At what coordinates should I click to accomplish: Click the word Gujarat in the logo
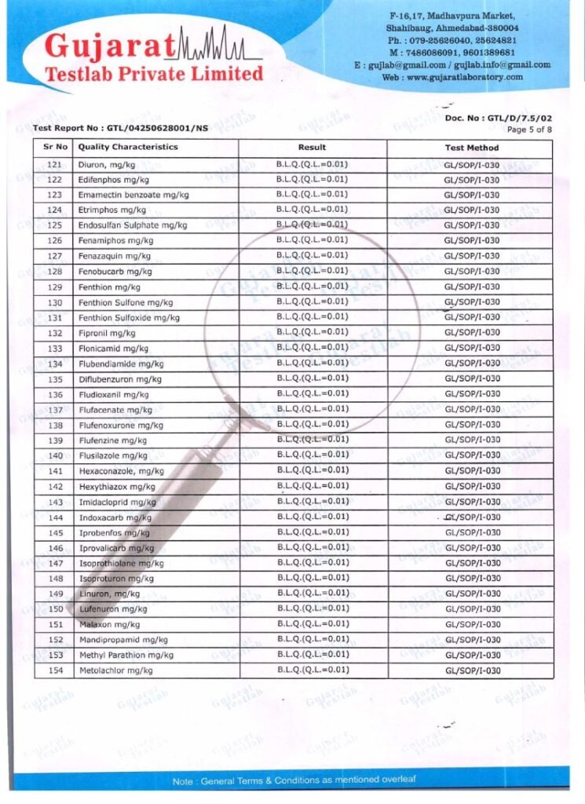[x=110, y=47]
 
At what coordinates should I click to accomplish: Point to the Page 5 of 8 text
[x=529, y=129]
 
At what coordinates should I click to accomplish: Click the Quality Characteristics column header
[x=128, y=147]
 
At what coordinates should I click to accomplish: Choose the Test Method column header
[x=471, y=148]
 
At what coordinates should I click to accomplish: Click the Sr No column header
[x=53, y=147]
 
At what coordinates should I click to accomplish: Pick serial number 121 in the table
[x=54, y=165]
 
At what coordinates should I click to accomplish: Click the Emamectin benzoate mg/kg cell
[x=133, y=195]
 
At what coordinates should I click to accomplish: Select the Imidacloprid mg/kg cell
[x=117, y=502]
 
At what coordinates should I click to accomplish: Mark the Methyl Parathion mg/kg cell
[x=126, y=655]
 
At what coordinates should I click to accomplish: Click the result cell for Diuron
[x=312, y=164]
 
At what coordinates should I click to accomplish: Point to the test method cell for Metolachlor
[x=472, y=671]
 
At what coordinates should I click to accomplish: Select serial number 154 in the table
[x=54, y=671]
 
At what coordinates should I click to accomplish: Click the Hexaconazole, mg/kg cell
[x=121, y=471]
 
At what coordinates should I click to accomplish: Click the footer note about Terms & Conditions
[x=294, y=780]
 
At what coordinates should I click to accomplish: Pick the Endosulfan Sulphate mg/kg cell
[x=133, y=225]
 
